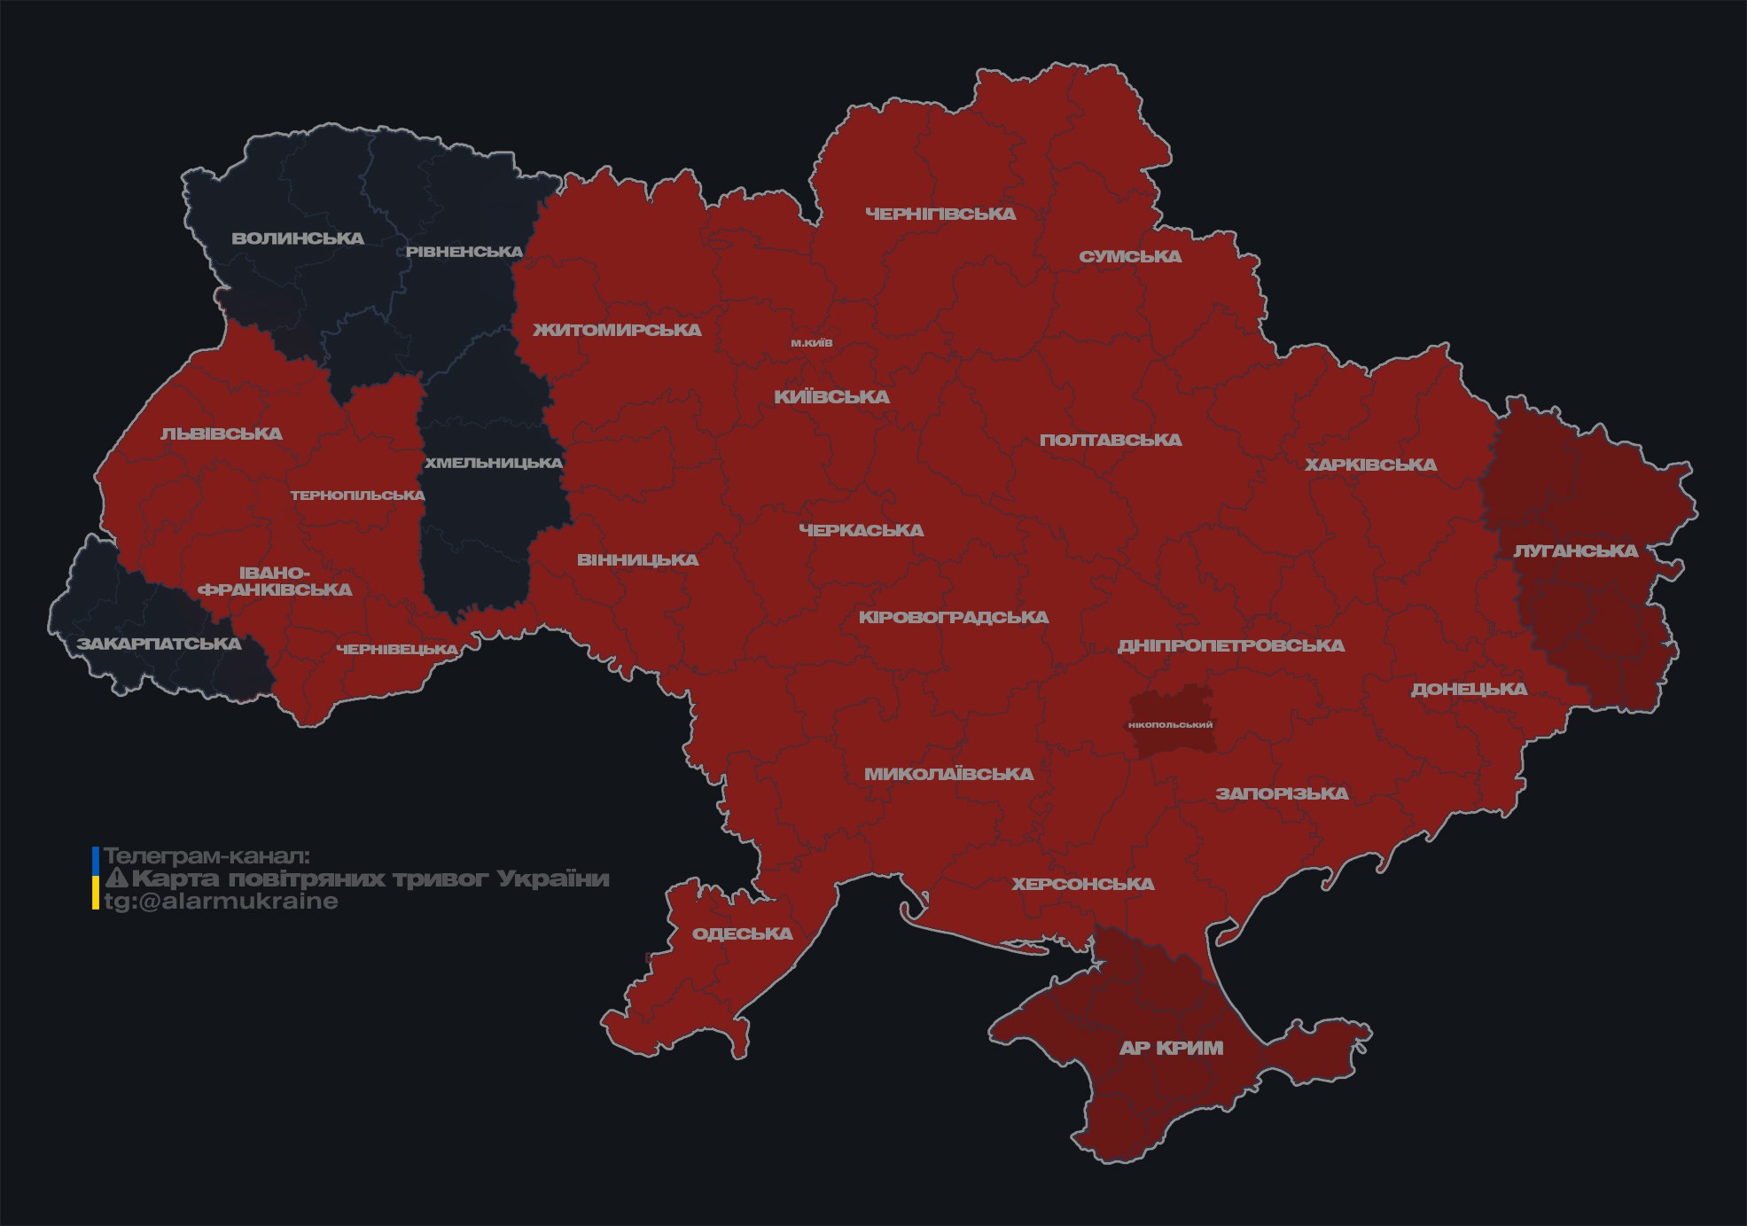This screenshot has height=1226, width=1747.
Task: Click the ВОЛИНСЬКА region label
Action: coord(298,238)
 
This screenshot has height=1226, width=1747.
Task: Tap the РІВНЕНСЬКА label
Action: coord(464,252)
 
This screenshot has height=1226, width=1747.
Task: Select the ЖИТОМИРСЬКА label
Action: coord(617,330)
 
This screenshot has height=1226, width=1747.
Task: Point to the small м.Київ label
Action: coord(812,343)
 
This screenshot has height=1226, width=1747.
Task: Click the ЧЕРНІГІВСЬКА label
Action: coord(940,214)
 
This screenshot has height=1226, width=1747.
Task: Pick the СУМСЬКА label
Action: coord(1130,256)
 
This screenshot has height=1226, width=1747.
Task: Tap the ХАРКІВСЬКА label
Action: coord(1370,465)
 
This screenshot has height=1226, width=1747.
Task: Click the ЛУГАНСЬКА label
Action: coord(1575,551)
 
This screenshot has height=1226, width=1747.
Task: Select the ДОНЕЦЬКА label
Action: coord(1469,689)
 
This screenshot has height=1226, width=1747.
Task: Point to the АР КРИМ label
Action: coord(1171,1048)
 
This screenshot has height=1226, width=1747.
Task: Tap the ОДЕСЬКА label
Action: coord(742,933)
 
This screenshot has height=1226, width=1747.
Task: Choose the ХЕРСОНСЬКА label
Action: coord(1082,884)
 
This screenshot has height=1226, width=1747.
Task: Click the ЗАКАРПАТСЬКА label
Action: coord(159,644)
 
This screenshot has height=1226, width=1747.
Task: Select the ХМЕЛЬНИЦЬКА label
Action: coord(493,463)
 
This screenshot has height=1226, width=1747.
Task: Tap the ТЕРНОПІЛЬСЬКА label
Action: coord(357,495)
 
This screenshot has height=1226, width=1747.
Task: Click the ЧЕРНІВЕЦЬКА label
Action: coord(397,650)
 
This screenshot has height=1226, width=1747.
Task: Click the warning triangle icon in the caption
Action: coord(116,879)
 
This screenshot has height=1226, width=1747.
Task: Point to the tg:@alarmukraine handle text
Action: coord(221,902)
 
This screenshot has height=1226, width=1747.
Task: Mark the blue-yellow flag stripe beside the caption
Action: coord(96,879)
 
